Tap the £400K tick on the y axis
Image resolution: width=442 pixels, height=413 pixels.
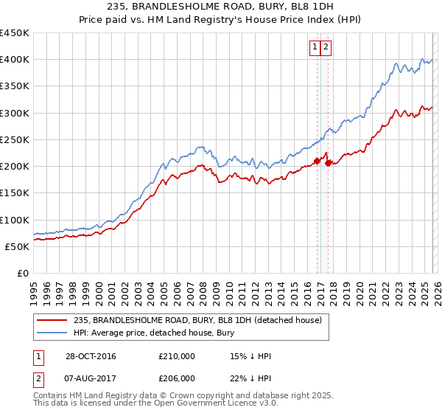14,60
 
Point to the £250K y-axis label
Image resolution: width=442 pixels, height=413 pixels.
14,139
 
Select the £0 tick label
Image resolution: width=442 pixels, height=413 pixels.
22,273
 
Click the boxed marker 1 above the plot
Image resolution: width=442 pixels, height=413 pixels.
315,47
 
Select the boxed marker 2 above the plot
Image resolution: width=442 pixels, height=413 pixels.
326,47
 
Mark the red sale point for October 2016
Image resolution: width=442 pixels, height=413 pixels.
317,160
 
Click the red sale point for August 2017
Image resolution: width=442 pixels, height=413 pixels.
327,162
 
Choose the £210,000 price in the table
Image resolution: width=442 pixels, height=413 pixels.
177,356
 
